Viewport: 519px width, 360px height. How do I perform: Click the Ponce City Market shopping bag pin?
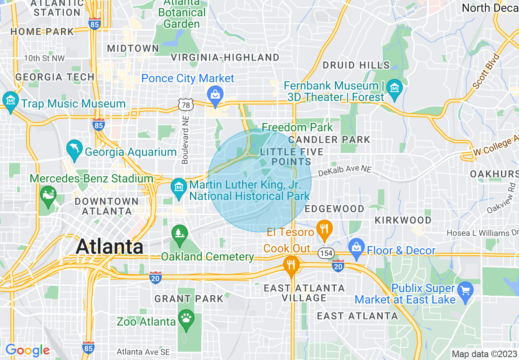[x=214, y=94]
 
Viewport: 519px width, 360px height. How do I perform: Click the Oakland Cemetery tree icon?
[x=179, y=233]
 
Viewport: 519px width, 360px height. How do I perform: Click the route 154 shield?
[x=327, y=253]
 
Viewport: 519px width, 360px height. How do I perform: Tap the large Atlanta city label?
[x=110, y=247]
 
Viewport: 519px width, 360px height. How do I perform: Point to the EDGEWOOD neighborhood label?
[x=334, y=209]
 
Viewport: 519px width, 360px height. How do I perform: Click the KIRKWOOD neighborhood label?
[x=403, y=220]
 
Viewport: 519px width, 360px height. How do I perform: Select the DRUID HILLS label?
[x=356, y=65]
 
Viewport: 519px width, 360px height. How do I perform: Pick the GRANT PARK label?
[x=189, y=299]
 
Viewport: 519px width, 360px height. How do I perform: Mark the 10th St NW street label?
[x=44, y=59]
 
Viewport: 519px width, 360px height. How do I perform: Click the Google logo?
[x=27, y=350]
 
